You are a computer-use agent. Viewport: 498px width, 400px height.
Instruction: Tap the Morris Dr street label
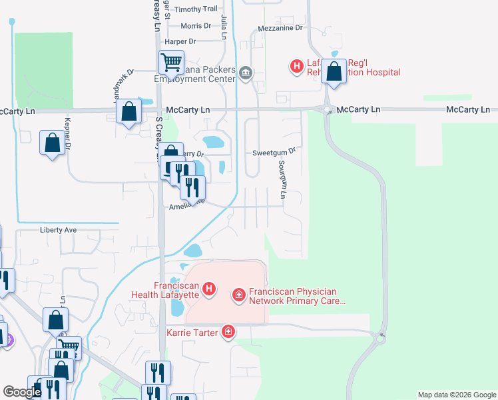point(196,26)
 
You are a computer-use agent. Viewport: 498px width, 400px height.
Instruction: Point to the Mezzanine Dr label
point(280,29)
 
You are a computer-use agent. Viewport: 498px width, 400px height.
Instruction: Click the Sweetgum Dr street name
point(273,153)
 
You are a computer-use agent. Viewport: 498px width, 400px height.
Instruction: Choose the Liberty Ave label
point(59,230)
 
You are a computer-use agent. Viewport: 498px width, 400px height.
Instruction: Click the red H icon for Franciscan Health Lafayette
point(209,289)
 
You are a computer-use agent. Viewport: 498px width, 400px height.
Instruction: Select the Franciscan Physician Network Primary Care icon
point(238,294)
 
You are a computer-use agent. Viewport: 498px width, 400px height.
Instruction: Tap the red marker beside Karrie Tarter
point(228,331)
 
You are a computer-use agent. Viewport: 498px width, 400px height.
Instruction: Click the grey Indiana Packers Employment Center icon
point(246,72)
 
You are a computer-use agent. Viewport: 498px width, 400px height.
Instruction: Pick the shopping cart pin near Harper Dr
point(171,63)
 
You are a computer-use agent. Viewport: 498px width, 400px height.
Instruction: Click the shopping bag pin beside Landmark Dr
point(129,111)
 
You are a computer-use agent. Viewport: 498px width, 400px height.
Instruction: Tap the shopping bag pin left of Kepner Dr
point(52,142)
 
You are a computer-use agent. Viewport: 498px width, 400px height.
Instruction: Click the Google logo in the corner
point(22,392)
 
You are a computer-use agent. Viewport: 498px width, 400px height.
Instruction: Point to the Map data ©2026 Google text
point(456,395)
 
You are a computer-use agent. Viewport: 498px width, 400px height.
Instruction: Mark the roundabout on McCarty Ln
point(327,110)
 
